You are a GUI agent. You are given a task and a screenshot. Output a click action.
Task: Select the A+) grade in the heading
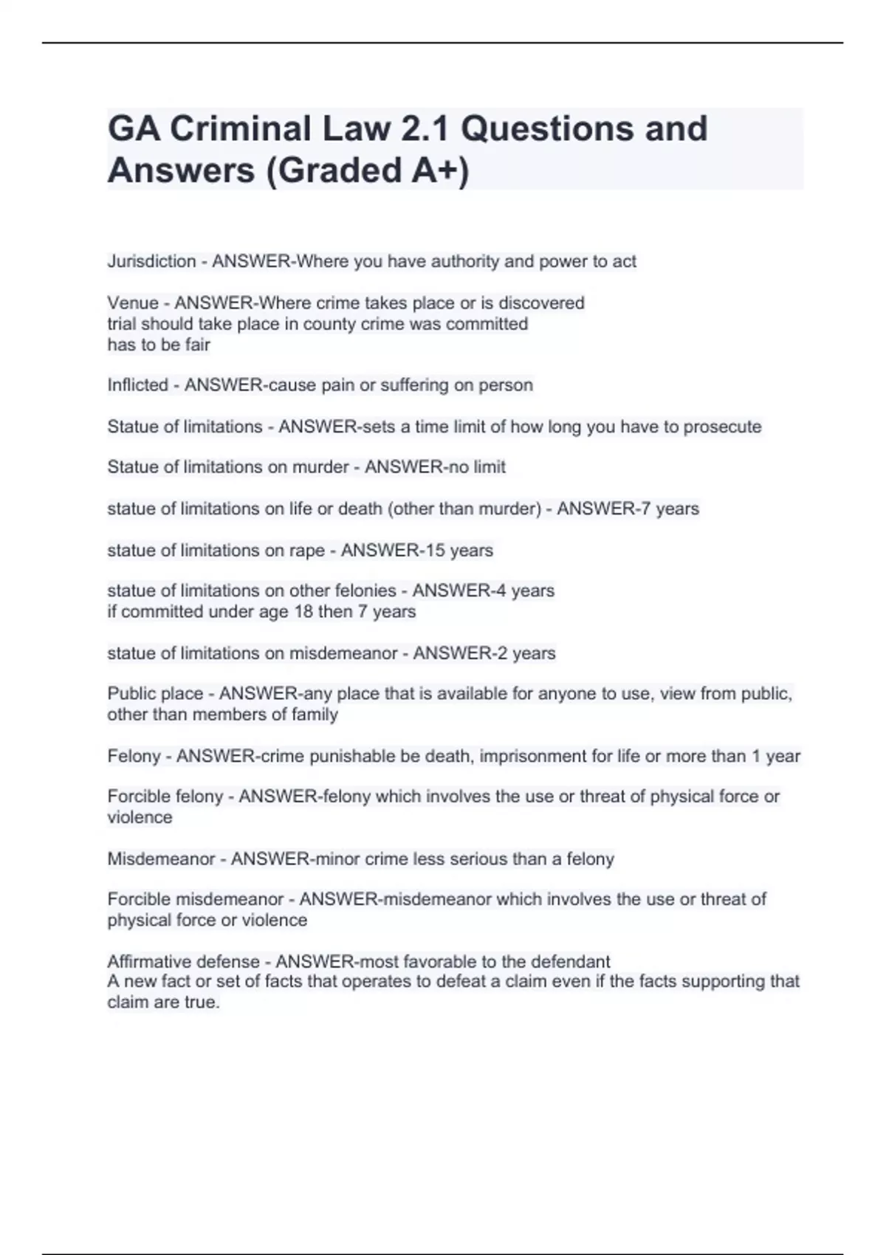click(x=440, y=171)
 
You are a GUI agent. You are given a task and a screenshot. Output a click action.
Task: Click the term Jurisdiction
click(x=151, y=261)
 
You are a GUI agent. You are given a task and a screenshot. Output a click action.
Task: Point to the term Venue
click(x=133, y=303)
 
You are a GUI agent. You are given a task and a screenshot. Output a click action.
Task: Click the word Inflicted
click(x=137, y=385)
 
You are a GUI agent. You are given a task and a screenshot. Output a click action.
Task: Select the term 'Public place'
click(x=155, y=694)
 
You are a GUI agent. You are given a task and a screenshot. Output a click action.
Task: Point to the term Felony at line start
click(x=134, y=756)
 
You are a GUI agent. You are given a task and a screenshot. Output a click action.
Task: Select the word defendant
click(x=569, y=961)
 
